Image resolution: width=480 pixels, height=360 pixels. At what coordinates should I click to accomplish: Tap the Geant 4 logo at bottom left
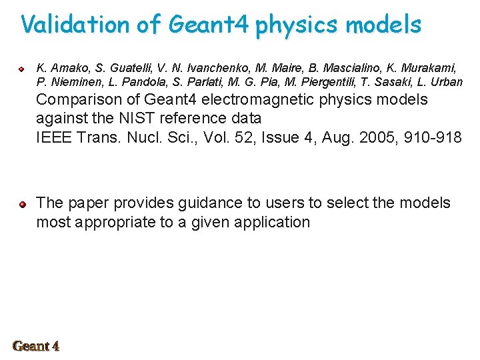[36, 345]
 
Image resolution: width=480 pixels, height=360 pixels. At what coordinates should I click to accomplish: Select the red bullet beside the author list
[21, 69]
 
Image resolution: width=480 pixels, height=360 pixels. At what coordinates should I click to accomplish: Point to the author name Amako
[67, 68]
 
